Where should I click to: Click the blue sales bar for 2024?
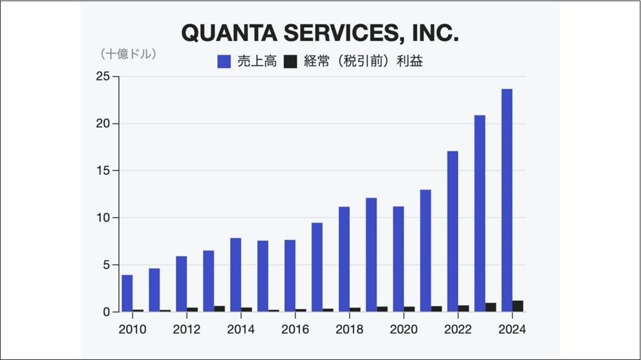[507, 200]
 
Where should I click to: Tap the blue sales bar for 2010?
[127, 293]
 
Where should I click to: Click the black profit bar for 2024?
[518, 306]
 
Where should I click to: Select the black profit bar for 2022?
[463, 308]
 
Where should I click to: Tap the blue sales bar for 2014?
[236, 275]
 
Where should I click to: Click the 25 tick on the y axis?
[103, 76]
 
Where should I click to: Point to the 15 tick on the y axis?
[103, 170]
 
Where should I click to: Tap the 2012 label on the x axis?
[186, 329]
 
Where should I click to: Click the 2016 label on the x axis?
[295, 329]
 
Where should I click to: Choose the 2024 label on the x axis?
[512, 329]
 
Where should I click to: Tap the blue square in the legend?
[224, 61]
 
